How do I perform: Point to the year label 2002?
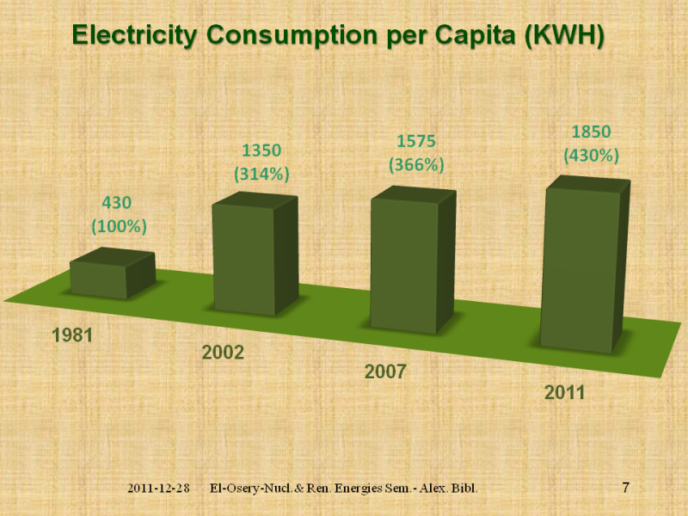tap(223, 353)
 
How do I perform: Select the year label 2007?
tap(384, 372)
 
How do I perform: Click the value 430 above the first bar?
tap(117, 204)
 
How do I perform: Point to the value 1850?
tap(591, 132)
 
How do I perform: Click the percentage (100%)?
tap(119, 227)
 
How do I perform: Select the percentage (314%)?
tap(261, 174)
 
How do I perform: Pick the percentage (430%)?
tap(591, 156)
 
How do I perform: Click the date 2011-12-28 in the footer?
tap(158, 488)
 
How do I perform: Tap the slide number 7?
tap(625, 488)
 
